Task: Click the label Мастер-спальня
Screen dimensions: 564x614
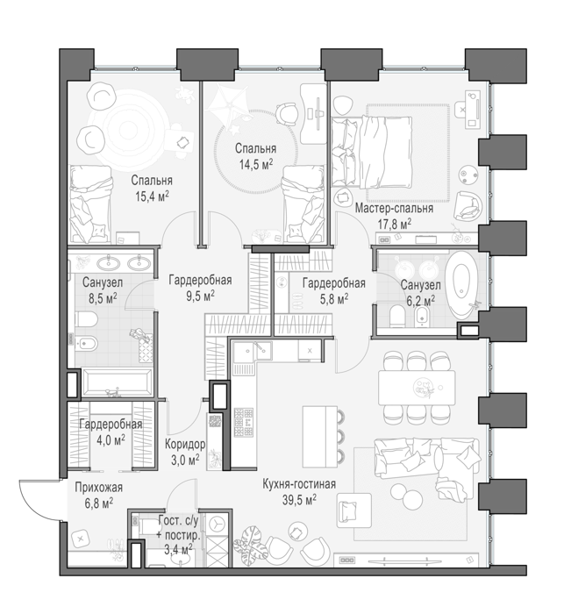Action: (x=394, y=209)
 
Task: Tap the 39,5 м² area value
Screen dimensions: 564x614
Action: (x=299, y=499)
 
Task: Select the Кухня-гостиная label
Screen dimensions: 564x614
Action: (x=299, y=484)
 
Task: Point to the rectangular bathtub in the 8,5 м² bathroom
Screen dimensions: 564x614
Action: (x=117, y=383)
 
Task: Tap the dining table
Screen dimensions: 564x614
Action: (x=417, y=388)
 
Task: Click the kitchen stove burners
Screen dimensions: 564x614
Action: (x=244, y=423)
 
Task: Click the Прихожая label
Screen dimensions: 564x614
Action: (x=99, y=487)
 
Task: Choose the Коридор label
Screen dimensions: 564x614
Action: (x=185, y=445)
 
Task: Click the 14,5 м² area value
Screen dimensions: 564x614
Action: (x=256, y=165)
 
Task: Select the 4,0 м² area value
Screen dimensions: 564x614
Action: (x=111, y=439)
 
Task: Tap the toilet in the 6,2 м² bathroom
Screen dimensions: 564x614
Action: (x=397, y=317)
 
